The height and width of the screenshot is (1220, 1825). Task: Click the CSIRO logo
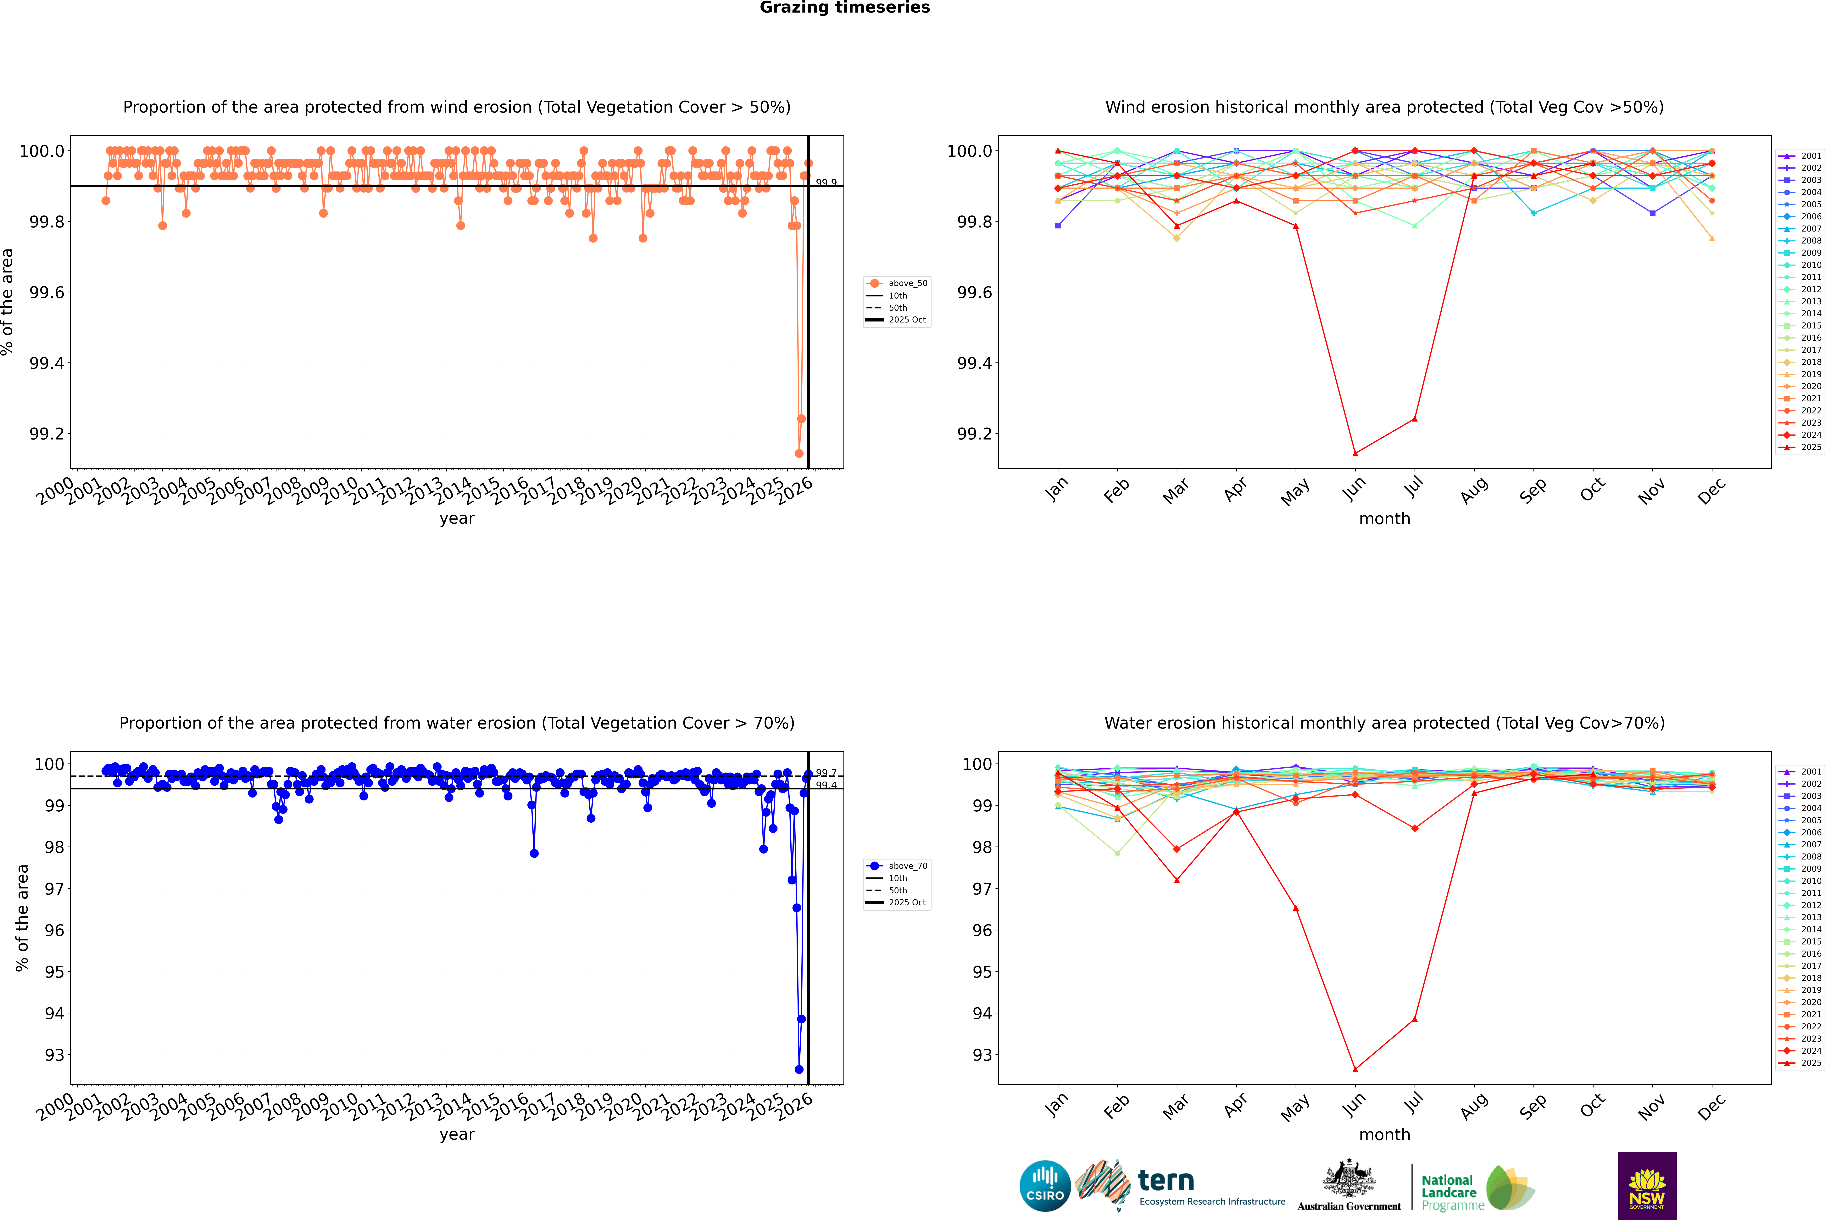click(x=1045, y=1186)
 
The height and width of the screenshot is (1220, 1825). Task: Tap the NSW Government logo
click(x=1647, y=1186)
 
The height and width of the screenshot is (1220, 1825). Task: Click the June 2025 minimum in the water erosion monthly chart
click(x=1355, y=1069)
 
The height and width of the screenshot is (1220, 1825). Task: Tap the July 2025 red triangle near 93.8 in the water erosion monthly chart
click(x=1414, y=1019)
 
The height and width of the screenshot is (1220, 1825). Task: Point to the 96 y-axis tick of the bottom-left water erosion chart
click(x=54, y=931)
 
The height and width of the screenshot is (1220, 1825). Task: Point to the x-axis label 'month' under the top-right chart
click(x=1384, y=519)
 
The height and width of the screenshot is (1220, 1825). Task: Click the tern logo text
click(x=1165, y=1181)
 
